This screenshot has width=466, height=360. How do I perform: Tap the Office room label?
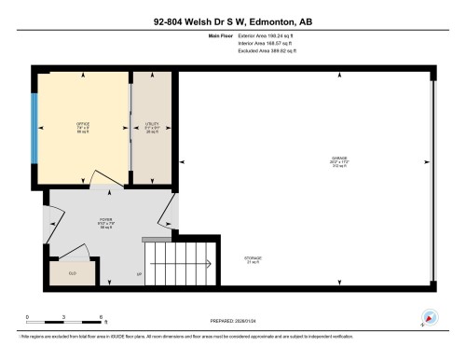click(x=82, y=127)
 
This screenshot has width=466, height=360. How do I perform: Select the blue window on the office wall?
click(x=34, y=127)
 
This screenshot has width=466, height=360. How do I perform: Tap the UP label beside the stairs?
click(x=139, y=275)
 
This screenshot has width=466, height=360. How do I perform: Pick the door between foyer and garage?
click(x=168, y=211)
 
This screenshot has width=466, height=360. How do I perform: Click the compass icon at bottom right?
click(x=430, y=317)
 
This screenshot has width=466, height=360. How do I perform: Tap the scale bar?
click(x=65, y=324)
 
